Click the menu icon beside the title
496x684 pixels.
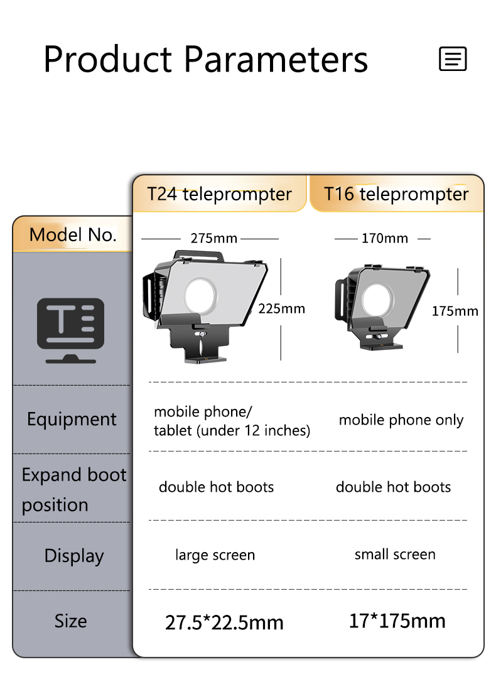[x=453, y=59]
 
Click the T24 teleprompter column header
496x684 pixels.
[x=220, y=194]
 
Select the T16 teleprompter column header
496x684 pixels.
[x=396, y=194]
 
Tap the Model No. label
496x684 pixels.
[x=73, y=235]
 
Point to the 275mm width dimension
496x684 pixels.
[x=213, y=239]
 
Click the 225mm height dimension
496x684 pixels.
[x=281, y=308]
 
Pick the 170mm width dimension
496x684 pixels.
[x=384, y=239]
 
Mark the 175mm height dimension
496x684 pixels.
[x=455, y=311]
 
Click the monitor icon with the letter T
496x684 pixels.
[x=70, y=330]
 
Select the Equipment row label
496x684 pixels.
[x=72, y=420]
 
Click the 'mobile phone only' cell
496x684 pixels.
[x=401, y=420]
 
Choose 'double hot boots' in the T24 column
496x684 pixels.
[x=216, y=487]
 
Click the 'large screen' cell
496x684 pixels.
[x=215, y=555]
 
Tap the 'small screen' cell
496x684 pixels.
[x=395, y=555]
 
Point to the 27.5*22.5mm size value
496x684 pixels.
[x=224, y=622]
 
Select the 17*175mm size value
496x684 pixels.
[x=397, y=621]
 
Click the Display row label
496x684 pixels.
[x=73, y=556]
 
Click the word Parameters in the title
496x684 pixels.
[x=276, y=60]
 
